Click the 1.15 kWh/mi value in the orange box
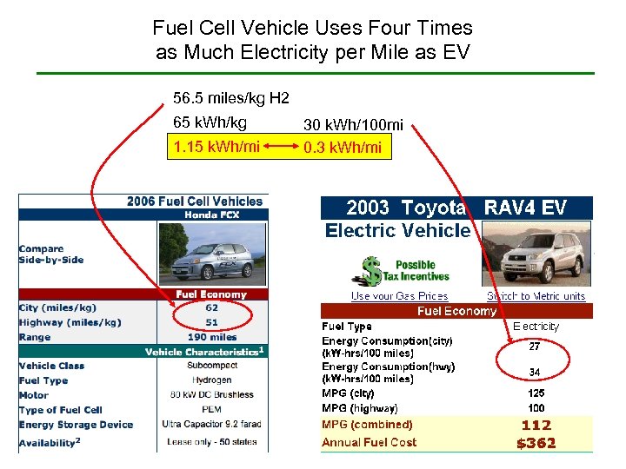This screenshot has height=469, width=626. coord(216,146)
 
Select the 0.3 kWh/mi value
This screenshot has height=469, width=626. coord(343,148)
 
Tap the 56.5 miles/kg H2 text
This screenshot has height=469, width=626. coord(231,97)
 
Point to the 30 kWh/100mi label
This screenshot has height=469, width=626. coord(353,125)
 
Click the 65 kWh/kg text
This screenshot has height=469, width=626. coord(210,122)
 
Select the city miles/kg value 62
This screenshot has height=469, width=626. coord(211,307)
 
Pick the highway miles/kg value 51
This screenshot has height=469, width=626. coord(211,322)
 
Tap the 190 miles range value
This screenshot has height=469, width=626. coord(211,337)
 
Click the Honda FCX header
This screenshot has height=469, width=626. coord(211,215)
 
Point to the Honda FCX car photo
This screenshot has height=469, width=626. coord(211,254)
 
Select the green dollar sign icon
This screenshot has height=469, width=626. coord(372,270)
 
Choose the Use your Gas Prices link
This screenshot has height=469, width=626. coord(399,296)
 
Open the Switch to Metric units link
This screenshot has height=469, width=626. coord(536,296)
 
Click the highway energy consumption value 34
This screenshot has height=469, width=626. coord(536,372)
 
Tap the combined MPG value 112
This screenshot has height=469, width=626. coord(536,425)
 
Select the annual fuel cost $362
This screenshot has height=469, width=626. coord(536,443)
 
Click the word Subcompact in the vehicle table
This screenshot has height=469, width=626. coord(211,366)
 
